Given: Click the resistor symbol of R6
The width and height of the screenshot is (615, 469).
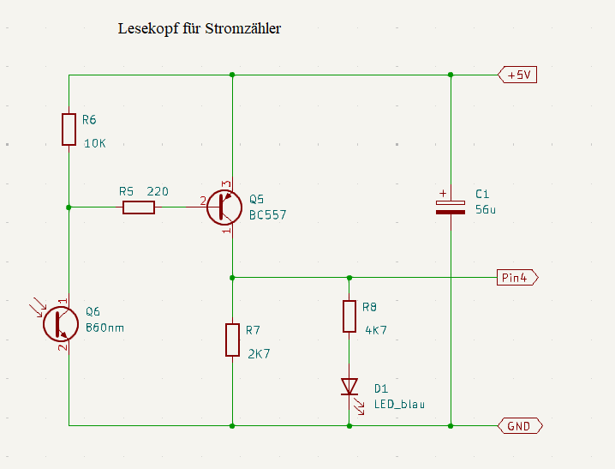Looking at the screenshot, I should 69,129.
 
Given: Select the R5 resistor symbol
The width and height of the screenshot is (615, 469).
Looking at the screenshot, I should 139,207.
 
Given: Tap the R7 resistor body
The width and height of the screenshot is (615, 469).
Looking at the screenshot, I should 232,340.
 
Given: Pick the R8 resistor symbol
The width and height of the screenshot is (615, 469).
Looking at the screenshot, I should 349,316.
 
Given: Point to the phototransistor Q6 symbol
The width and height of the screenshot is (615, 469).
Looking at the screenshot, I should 58,324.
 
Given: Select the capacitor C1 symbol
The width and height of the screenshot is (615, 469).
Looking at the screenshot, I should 451,206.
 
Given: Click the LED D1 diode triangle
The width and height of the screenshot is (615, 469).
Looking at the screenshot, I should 349,387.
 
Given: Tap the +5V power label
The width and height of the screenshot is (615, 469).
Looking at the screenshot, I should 517,75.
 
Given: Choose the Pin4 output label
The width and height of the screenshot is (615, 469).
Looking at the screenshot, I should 516,277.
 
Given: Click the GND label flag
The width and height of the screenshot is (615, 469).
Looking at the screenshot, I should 519,425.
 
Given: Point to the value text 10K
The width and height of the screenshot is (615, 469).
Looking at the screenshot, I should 94,143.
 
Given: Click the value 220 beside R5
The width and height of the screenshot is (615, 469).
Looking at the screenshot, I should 158,191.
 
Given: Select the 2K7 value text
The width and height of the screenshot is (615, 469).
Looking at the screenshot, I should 259,352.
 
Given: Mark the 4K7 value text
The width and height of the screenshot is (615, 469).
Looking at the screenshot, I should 377,329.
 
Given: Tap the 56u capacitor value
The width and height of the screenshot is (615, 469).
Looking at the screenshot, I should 486,209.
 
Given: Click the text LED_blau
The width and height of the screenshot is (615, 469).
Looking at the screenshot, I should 399,404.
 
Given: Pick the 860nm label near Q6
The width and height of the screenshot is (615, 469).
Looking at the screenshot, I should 106,328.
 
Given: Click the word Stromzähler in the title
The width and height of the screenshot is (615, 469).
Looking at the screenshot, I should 244,28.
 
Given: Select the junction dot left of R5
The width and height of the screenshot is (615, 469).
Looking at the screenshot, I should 69,207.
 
